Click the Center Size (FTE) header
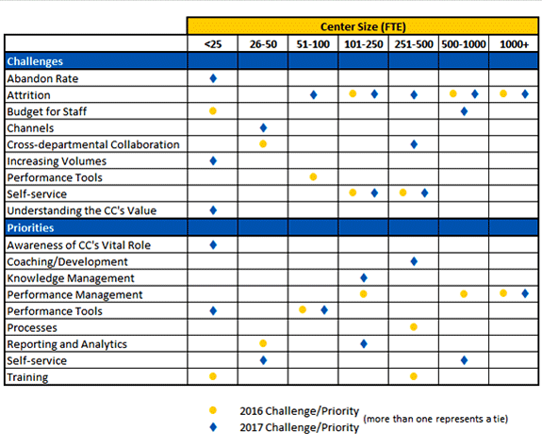point(363,26)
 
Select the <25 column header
point(213,44)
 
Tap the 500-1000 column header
point(464,44)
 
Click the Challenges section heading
point(35,61)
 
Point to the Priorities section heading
point(30,227)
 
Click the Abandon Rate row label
point(42,78)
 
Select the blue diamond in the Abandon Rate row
point(213,78)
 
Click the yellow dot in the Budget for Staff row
point(213,111)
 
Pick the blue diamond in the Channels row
point(263,128)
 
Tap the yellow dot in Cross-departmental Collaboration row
point(263,144)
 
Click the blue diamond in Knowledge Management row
point(364,278)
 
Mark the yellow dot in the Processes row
point(414,327)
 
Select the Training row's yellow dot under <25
point(213,376)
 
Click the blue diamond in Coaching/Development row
point(414,261)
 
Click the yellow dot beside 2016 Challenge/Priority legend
point(213,410)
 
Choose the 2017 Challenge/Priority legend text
point(300,427)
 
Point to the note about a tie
point(435,419)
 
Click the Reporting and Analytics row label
point(67,344)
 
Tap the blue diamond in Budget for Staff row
point(464,111)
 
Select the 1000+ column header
point(514,44)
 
